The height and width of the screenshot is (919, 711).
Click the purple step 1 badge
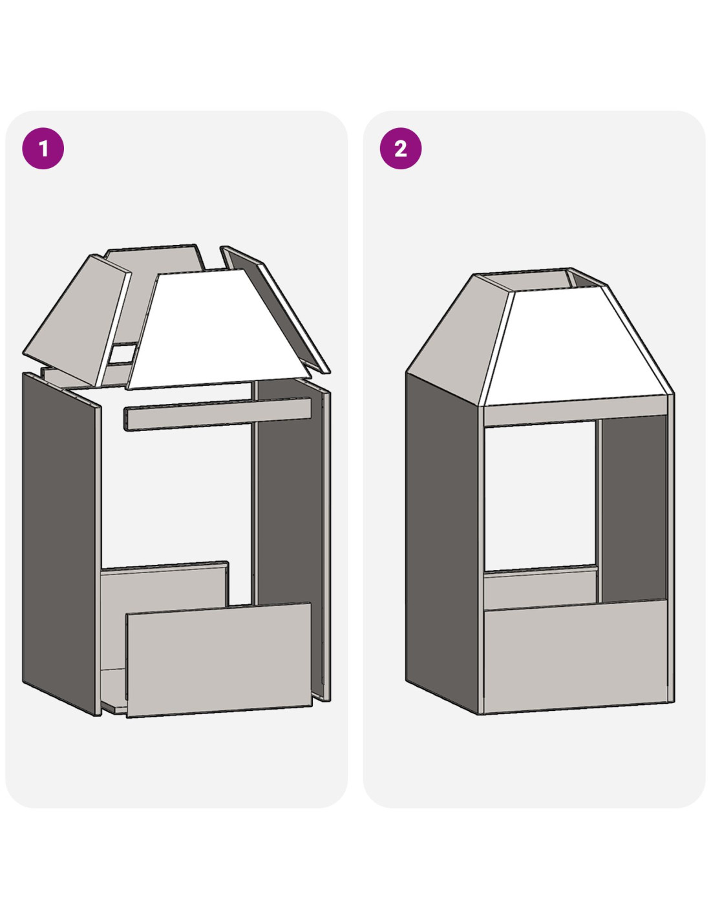coord(43,149)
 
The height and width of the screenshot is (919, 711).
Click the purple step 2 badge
coord(401,149)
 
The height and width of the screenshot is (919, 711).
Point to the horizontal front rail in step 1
coord(218,414)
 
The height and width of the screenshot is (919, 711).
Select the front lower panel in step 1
coord(219,660)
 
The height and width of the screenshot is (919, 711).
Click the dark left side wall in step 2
coord(442,544)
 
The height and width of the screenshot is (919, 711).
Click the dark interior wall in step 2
coord(633,507)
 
